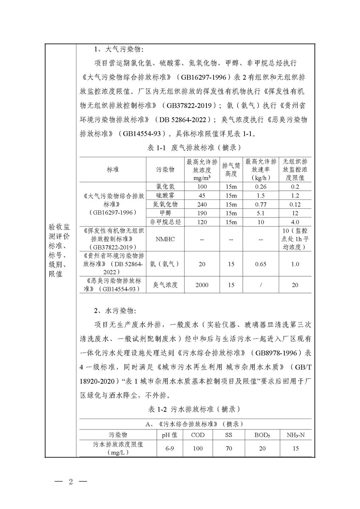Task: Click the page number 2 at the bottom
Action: (72, 481)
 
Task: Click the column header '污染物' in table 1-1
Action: (165, 170)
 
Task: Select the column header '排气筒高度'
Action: (231, 170)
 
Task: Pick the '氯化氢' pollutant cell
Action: (165, 186)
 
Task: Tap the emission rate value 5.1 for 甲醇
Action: (261, 213)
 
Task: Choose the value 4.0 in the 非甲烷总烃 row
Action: (296, 222)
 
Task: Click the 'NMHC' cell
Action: (165, 239)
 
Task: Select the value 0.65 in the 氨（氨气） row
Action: (261, 264)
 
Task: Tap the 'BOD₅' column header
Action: (262, 435)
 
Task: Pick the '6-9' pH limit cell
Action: (170, 448)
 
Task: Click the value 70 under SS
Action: (228, 448)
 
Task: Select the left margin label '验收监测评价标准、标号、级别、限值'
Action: (60, 250)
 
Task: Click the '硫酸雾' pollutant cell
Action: (165, 196)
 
